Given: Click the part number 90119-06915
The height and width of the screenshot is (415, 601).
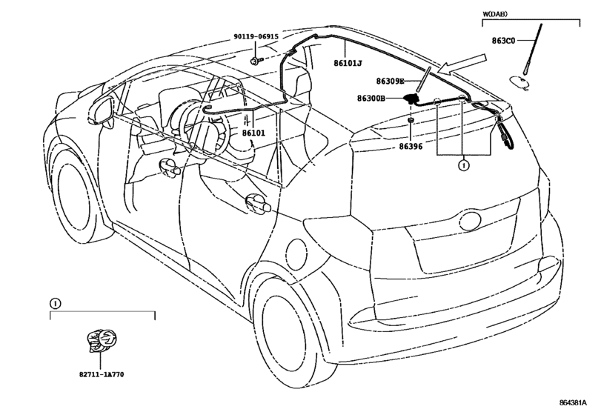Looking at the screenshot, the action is click(x=256, y=37).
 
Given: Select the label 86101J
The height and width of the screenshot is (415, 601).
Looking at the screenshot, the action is click(x=348, y=63).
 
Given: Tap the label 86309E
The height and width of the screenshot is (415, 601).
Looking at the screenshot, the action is click(x=391, y=81).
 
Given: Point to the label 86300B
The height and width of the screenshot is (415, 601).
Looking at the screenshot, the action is click(x=371, y=99).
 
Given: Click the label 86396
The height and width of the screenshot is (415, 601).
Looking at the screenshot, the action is click(x=411, y=147).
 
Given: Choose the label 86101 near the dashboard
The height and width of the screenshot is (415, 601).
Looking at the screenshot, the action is click(x=253, y=133).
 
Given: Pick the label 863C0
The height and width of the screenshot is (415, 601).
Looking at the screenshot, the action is click(x=504, y=41).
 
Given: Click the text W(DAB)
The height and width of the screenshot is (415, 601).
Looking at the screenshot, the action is click(x=495, y=14).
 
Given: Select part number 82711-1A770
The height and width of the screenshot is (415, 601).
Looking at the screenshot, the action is click(x=102, y=374).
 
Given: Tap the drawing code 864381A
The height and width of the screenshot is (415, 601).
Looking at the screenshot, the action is click(x=573, y=402).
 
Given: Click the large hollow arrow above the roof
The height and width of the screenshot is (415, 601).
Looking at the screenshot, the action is click(x=462, y=64).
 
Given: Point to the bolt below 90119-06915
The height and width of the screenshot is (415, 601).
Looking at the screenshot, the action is click(x=255, y=60).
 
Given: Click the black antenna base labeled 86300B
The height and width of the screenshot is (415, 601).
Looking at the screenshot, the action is click(x=411, y=98).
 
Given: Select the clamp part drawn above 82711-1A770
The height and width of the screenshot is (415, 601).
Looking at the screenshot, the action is click(x=102, y=339).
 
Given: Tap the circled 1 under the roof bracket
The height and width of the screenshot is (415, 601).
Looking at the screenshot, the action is click(x=464, y=165).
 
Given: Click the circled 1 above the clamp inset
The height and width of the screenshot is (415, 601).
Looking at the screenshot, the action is click(x=55, y=304).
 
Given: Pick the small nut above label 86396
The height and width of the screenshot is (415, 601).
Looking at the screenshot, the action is click(x=410, y=121).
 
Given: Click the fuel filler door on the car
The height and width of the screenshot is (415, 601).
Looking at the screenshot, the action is click(x=296, y=253).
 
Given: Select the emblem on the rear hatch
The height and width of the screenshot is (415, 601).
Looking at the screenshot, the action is click(x=471, y=221).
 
